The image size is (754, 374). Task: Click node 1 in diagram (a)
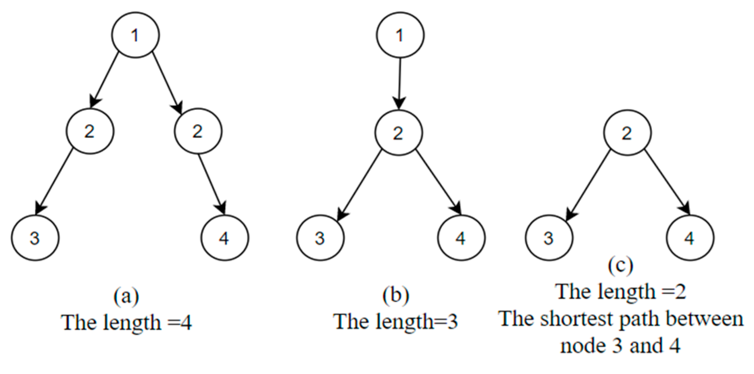tap(135, 35)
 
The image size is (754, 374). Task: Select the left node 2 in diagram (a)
tap(90, 131)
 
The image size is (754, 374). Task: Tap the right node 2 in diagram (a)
tap(198, 131)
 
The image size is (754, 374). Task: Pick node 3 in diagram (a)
tap(35, 238)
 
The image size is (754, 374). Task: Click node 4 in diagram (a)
tap(224, 238)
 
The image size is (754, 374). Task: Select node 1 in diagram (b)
tap(400, 35)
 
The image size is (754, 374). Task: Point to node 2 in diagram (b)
tap(398, 133)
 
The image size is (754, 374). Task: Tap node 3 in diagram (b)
tap(320, 238)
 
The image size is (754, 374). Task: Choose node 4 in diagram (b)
tap(461, 238)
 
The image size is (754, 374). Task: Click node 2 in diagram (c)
tap(627, 133)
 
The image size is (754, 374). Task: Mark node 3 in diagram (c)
tap(549, 238)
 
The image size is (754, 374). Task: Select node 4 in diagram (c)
tap(689, 238)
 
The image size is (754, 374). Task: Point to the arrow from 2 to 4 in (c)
tap(667, 182)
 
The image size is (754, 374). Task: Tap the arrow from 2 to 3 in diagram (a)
tap(55, 181)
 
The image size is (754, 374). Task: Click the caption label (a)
tap(126, 296)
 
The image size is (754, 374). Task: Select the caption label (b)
tap(396, 295)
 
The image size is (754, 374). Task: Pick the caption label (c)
tap(621, 265)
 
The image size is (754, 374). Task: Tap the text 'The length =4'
tap(127, 322)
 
